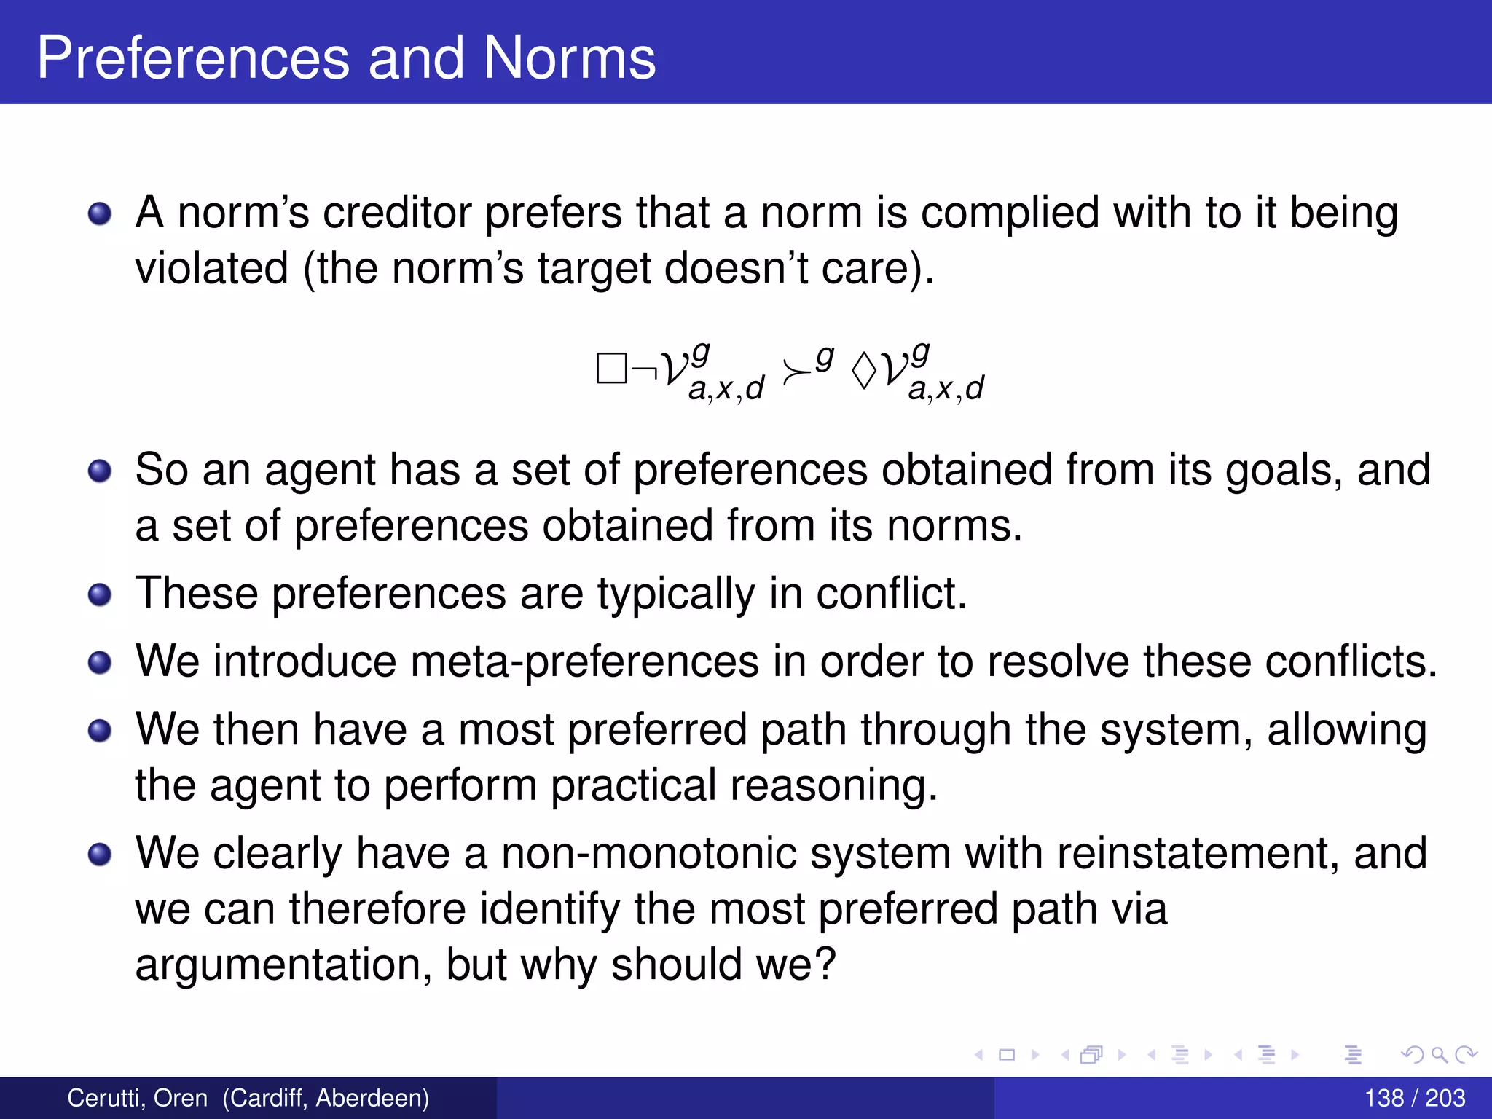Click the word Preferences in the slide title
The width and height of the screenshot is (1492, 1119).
pyautogui.click(x=193, y=58)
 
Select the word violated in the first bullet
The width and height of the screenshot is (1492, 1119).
pyautogui.click(x=212, y=268)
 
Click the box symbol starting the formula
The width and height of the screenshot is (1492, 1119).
pyautogui.click(x=611, y=369)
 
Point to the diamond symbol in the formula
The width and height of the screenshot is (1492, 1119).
pyautogui.click(x=864, y=371)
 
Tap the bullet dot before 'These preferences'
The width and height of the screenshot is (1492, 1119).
pyautogui.click(x=100, y=594)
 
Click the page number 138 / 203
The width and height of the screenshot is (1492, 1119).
pyautogui.click(x=1414, y=1098)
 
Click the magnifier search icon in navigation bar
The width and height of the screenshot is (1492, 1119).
pyautogui.click(x=1439, y=1054)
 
